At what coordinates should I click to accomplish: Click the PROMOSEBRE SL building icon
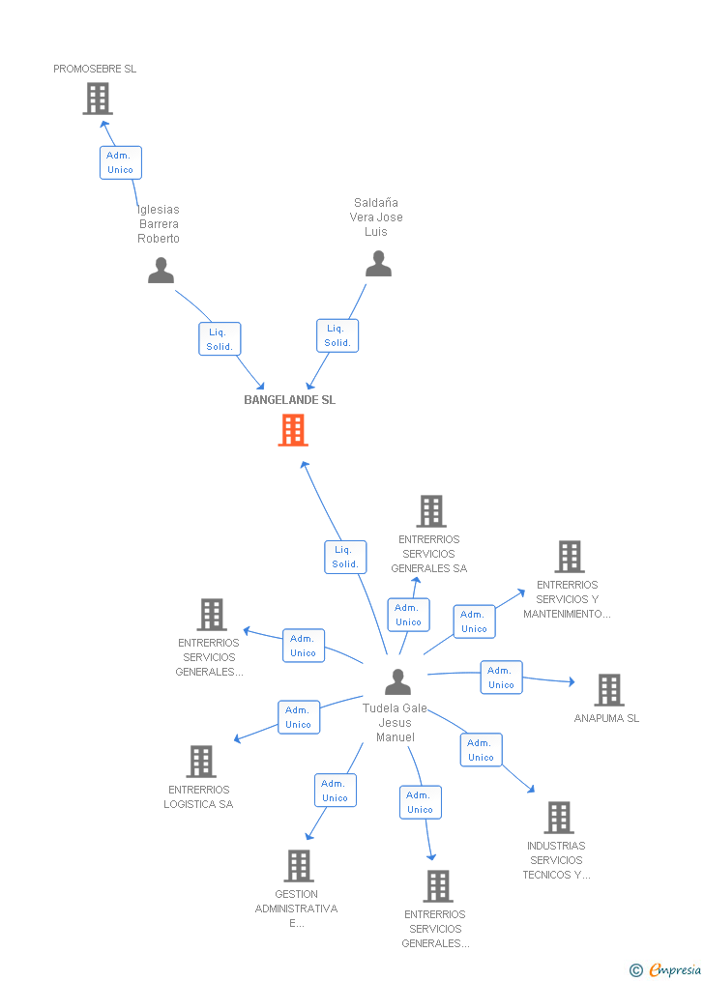98,99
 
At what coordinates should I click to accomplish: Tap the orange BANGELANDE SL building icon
293,430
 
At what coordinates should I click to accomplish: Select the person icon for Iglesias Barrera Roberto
161,271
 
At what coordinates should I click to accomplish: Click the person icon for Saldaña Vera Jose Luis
379,264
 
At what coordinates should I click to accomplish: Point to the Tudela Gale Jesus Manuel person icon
398,682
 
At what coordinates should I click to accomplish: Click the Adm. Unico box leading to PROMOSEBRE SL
121,162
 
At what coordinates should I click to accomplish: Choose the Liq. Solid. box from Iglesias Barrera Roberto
220,339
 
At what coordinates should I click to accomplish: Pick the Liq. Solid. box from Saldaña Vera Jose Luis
337,336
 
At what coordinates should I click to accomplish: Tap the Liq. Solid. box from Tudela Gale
345,557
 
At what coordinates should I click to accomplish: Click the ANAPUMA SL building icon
609,690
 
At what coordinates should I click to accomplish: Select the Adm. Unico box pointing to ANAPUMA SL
501,678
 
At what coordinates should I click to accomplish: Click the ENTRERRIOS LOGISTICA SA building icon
201,762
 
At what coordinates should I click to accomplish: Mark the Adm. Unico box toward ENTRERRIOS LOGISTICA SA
299,717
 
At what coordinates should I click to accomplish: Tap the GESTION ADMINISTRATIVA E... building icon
299,866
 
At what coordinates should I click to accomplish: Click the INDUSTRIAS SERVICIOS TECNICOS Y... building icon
559,818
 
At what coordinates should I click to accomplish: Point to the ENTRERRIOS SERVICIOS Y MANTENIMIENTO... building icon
570,557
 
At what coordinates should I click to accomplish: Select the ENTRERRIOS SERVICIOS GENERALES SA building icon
431,511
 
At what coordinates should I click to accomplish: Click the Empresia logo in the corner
666,969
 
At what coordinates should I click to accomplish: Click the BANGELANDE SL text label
290,400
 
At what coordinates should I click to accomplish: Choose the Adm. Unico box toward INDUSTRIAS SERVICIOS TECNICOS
482,749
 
